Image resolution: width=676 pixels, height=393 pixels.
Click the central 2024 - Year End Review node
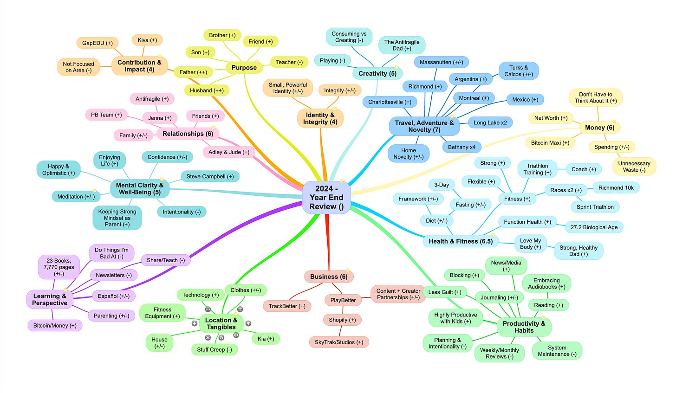(x=326, y=198)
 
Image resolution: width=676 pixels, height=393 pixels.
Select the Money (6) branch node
(x=599, y=128)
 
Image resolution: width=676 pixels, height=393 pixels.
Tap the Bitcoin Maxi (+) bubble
(x=550, y=143)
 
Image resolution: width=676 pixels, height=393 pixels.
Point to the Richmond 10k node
(x=616, y=188)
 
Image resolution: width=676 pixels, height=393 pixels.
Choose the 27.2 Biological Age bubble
(x=594, y=227)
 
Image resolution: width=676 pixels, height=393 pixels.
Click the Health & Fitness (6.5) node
(x=460, y=241)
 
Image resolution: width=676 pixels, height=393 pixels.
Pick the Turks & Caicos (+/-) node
(x=518, y=71)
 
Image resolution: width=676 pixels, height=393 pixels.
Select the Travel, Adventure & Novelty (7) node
(x=424, y=126)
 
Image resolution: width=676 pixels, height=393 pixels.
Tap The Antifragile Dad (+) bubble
(x=401, y=45)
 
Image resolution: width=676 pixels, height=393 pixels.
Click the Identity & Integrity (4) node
(x=320, y=118)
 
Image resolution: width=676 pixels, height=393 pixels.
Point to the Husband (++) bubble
(x=206, y=90)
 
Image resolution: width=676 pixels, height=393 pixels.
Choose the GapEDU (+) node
(x=97, y=43)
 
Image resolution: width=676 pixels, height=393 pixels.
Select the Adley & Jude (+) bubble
(x=228, y=152)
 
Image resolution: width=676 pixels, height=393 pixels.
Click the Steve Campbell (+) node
(x=210, y=176)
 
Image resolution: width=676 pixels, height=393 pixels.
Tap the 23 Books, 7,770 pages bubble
(x=59, y=267)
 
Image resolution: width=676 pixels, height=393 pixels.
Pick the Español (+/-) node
(x=113, y=296)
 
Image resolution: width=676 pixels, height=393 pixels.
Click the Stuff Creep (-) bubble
(x=214, y=350)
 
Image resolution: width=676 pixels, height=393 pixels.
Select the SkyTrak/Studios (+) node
(x=338, y=342)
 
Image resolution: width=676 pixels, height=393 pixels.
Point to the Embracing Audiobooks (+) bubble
(x=546, y=283)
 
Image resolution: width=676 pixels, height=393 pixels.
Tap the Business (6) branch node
(x=329, y=277)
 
